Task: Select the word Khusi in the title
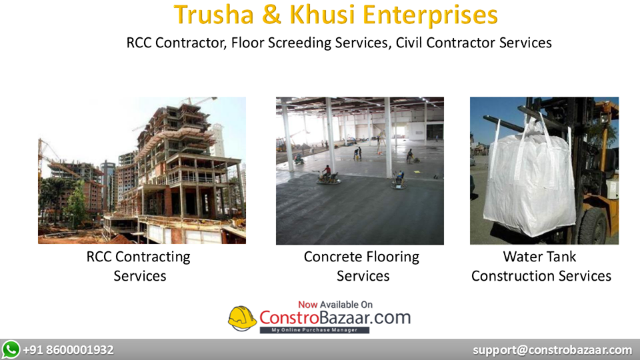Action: [x=324, y=15]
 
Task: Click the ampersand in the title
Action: [x=273, y=15]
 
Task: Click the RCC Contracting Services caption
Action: [x=139, y=266]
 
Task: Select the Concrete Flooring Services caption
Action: [x=362, y=266]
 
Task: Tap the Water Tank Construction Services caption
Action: [x=541, y=266]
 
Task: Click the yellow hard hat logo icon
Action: [x=242, y=319]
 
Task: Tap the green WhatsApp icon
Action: [x=11, y=349]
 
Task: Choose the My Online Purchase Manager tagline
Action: [x=315, y=330]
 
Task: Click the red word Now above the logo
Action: [x=307, y=304]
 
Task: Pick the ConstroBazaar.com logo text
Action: [x=335, y=317]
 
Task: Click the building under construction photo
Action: [x=141, y=171]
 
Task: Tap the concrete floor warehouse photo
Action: [x=359, y=171]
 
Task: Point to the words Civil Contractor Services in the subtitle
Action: [x=473, y=43]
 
